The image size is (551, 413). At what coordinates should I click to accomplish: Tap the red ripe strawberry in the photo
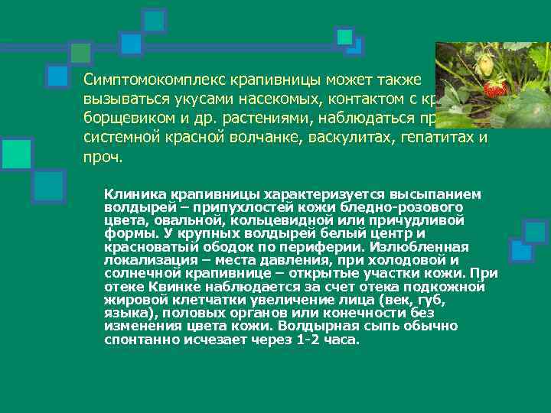[496, 89]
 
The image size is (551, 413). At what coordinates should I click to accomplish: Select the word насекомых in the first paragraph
[297, 99]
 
